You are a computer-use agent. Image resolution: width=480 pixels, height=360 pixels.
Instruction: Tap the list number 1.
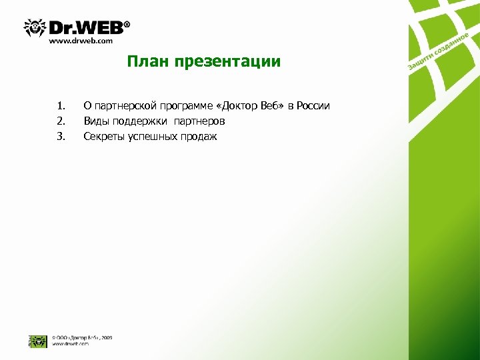click(x=61, y=105)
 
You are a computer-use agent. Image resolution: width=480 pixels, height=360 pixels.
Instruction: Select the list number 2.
click(x=61, y=121)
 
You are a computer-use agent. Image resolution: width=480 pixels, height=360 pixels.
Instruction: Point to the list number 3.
click(x=61, y=137)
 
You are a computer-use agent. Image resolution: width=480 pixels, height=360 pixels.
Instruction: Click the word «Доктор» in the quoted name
click(x=235, y=105)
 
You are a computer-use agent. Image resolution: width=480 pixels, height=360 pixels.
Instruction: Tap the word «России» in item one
click(x=314, y=105)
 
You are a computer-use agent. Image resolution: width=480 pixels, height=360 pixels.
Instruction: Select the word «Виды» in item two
click(x=95, y=121)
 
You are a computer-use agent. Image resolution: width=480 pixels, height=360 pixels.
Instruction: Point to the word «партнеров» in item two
click(x=199, y=121)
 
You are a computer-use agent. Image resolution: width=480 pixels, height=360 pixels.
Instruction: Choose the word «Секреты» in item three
click(x=103, y=137)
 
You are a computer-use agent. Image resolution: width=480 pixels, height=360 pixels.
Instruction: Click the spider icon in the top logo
click(x=34, y=28)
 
